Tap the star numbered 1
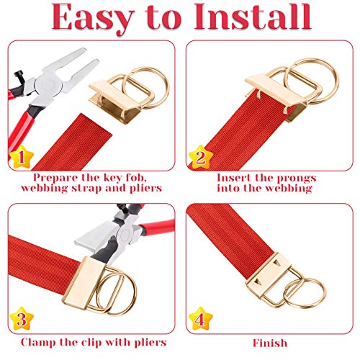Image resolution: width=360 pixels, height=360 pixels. tap(21, 157)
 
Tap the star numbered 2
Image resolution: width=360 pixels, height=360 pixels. tap(201, 157)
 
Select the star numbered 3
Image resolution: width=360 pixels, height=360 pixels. tap(22, 319)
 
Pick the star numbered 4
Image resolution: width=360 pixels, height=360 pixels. tap(201, 319)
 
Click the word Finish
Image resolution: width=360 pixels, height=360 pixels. tap(270, 343)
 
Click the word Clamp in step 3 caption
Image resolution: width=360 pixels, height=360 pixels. tap(38, 343)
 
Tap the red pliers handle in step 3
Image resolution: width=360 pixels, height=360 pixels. tap(156, 225)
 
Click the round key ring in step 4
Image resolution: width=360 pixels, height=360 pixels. tap(305, 293)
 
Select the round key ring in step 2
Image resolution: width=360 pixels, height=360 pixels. tap(312, 79)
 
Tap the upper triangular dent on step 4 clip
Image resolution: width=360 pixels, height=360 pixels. tap(277, 263)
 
